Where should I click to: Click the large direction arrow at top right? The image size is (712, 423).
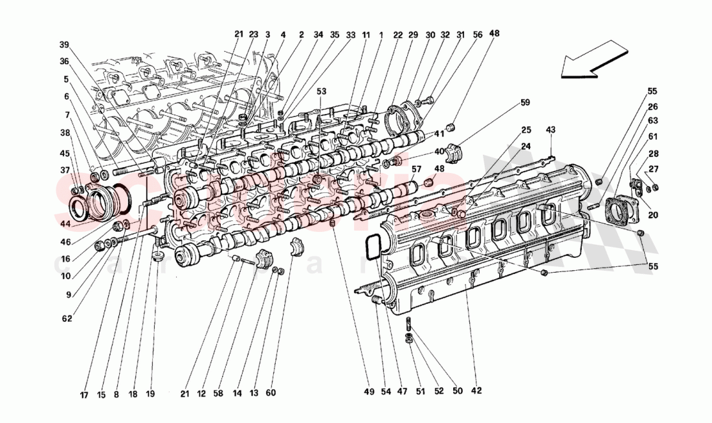click(595, 59)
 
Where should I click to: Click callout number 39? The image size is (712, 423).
click(63, 45)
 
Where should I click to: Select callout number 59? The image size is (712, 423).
click(525, 102)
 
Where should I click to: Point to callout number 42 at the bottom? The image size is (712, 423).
click(476, 391)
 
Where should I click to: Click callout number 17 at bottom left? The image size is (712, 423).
click(83, 393)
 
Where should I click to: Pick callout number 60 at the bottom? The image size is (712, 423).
click(271, 393)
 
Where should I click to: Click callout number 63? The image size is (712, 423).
click(653, 121)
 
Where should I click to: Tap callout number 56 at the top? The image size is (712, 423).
click(477, 34)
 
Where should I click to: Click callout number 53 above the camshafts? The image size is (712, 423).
click(322, 92)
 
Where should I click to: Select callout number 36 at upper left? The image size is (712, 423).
click(63, 62)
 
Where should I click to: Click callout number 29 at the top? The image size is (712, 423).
click(413, 34)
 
